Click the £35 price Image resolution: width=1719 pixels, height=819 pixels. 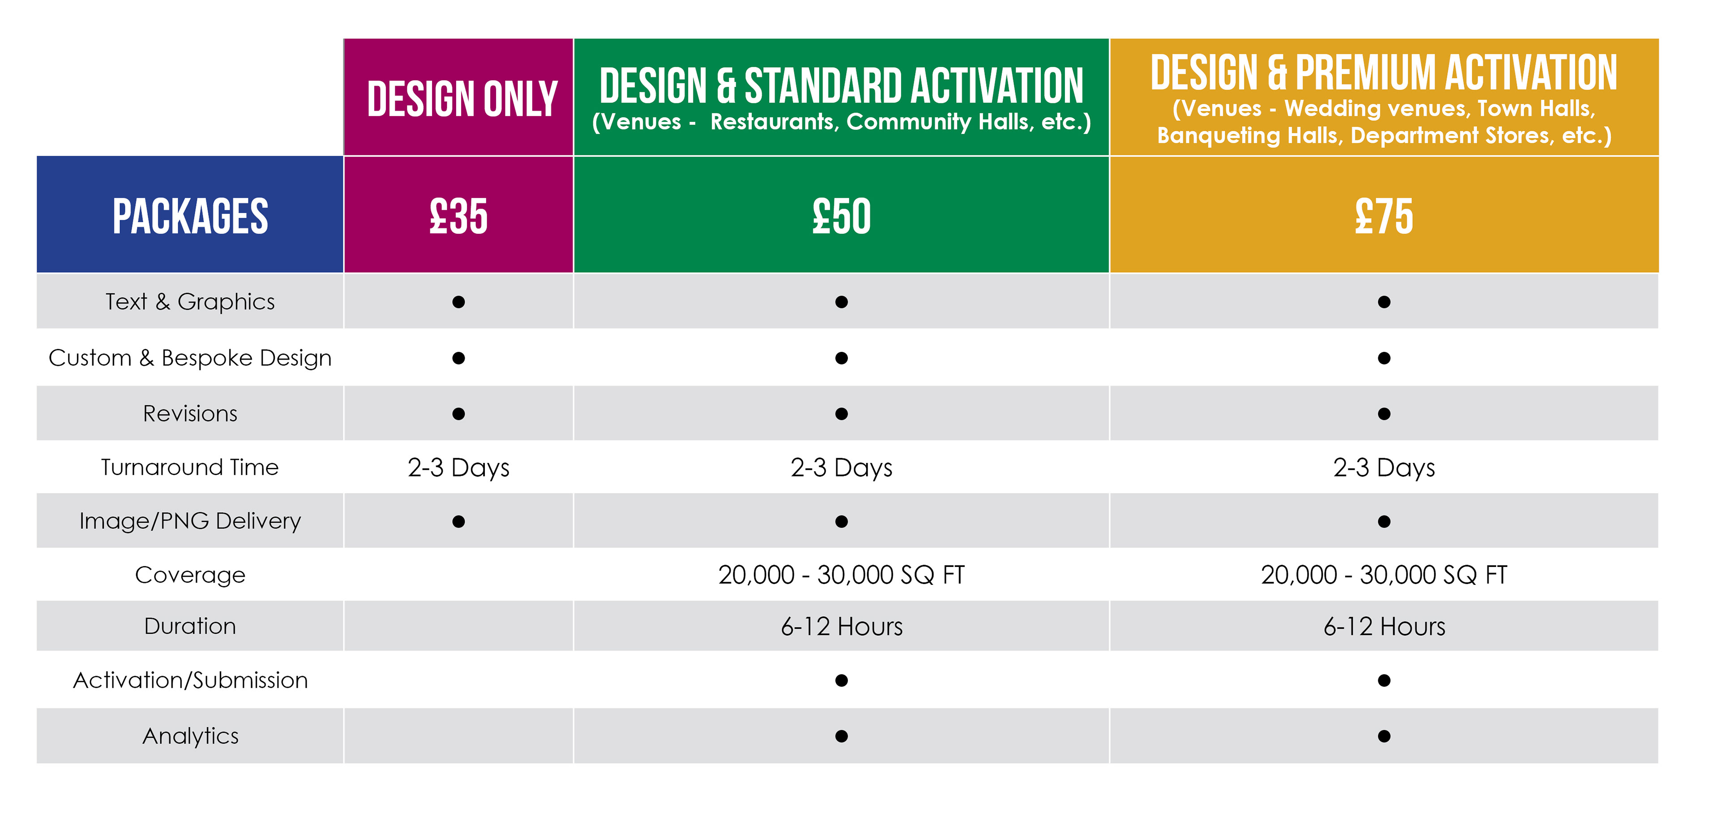coord(458,216)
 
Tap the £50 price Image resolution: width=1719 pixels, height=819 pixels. coord(842,216)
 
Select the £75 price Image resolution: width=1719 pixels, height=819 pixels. coord(1384,216)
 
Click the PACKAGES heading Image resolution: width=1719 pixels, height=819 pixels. coord(190,216)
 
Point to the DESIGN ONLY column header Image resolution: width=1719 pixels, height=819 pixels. coord(462,99)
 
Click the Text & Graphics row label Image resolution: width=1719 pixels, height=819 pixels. coord(190,302)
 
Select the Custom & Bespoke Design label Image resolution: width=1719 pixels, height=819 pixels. coord(190,358)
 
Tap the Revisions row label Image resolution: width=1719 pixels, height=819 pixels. coord(190,414)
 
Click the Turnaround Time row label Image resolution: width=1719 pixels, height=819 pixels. coord(190,467)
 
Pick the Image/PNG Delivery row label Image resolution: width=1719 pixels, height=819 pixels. coord(190,521)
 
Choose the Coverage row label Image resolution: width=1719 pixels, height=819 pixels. coord(190,575)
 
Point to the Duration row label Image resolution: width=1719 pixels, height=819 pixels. coord(190,626)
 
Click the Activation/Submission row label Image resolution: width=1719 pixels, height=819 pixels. coord(190,680)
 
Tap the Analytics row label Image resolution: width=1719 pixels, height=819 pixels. coord(190,736)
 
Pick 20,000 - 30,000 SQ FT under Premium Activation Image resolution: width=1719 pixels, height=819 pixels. coord(1384,575)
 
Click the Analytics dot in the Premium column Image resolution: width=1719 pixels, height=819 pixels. coord(1384,736)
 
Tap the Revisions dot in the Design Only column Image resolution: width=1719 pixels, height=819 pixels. coord(458,414)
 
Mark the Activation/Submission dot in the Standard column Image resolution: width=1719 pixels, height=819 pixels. coord(842,680)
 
